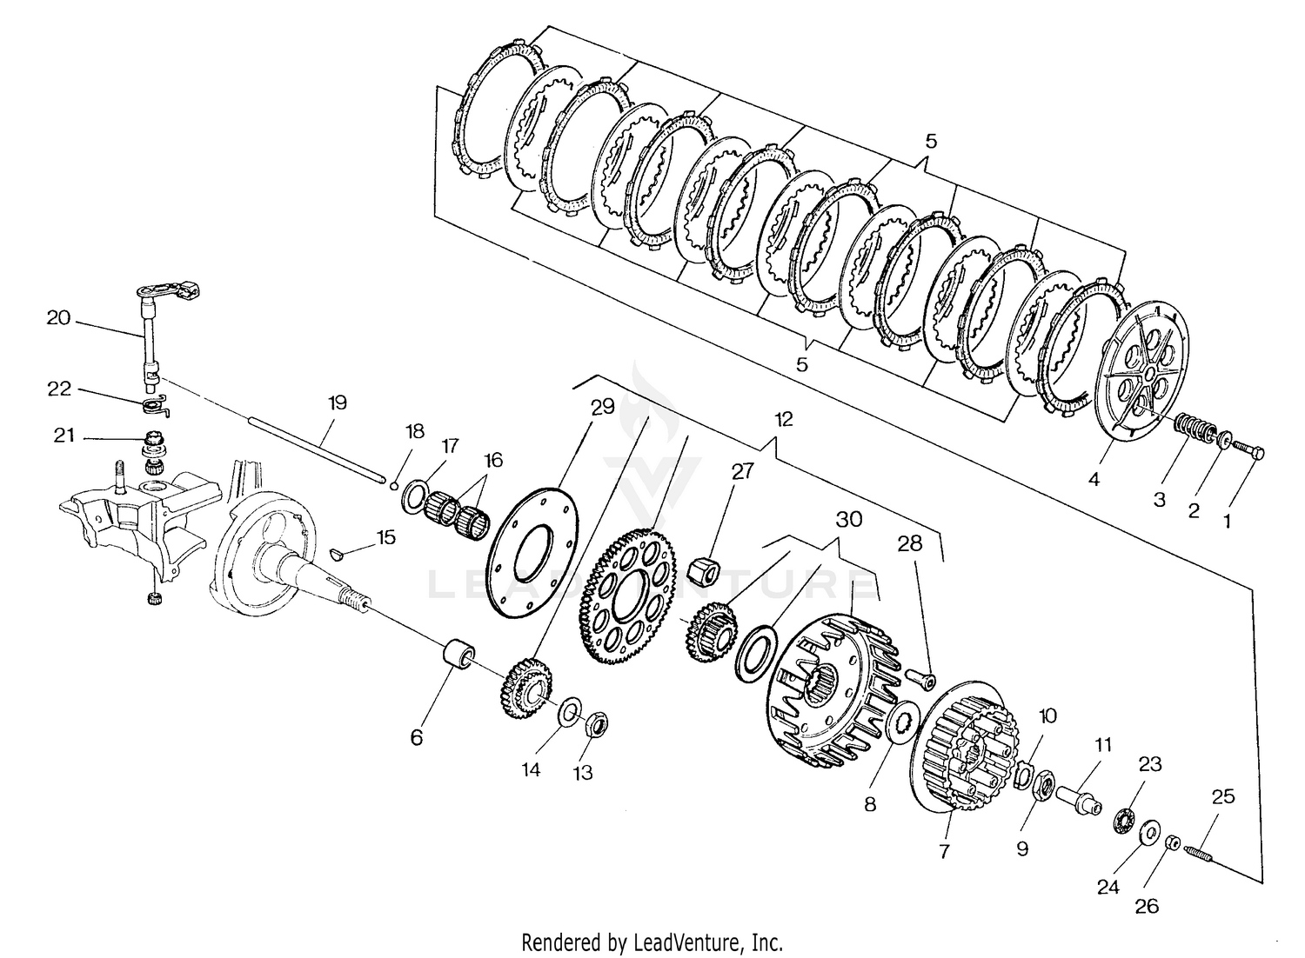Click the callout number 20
(x=58, y=318)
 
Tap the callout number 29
(x=603, y=407)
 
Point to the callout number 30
(x=848, y=519)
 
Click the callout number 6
(x=417, y=737)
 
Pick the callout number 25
(x=1222, y=796)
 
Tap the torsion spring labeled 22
(x=155, y=404)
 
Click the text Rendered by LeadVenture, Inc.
(x=652, y=941)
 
